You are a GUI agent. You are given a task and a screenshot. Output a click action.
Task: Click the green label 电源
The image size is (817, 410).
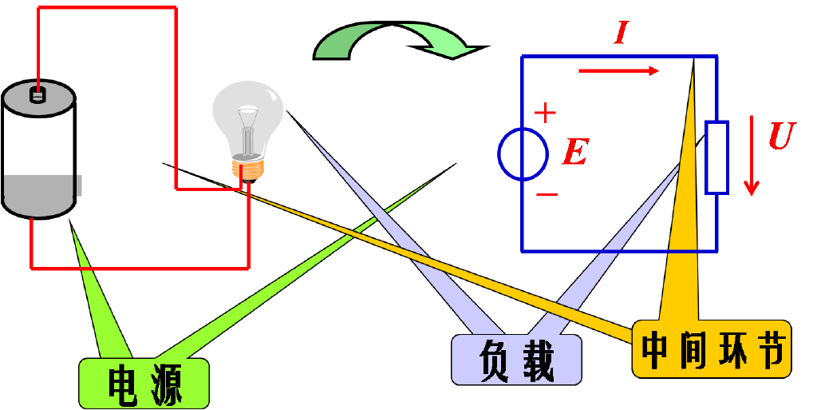click(144, 384)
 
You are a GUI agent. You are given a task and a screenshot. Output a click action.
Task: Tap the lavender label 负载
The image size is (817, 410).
click(516, 360)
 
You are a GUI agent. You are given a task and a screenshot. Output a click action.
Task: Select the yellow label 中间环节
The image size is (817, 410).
click(712, 348)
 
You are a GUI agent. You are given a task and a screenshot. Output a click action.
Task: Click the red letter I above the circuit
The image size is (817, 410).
click(621, 32)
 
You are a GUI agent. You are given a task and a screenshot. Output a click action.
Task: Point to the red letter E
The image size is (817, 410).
click(575, 153)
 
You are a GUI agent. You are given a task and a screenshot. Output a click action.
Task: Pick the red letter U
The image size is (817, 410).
click(783, 136)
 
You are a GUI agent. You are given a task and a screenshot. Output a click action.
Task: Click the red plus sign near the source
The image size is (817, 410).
click(545, 113)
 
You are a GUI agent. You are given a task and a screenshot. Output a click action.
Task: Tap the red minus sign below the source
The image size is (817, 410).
click(547, 194)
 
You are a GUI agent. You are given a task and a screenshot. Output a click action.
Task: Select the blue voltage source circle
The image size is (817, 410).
click(523, 154)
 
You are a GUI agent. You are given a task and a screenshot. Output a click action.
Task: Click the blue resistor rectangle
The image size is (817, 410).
click(717, 157)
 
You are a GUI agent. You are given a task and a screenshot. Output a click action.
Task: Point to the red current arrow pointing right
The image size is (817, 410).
click(619, 71)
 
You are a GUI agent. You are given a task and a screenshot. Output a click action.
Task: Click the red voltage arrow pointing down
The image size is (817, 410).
click(751, 155)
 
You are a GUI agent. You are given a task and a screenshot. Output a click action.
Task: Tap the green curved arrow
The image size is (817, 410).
click(401, 41)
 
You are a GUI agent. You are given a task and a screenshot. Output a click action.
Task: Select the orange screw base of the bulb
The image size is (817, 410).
click(248, 170)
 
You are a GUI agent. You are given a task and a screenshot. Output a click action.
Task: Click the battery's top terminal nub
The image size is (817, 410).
click(37, 95)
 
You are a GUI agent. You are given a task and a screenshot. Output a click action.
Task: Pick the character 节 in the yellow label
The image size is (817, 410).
click(769, 349)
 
